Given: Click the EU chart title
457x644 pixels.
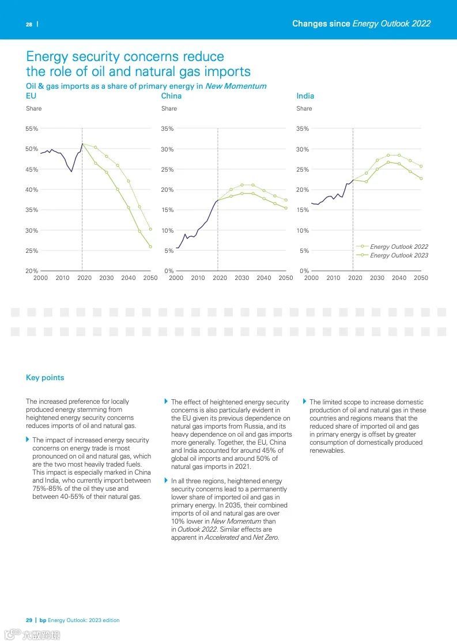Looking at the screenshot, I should [31, 96].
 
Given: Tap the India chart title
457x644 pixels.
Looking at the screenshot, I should [305, 96].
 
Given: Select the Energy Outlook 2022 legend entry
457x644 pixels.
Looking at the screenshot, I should [399, 247].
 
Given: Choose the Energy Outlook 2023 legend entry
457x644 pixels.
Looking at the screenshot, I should [399, 255].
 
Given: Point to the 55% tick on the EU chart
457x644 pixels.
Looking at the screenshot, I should [32, 128].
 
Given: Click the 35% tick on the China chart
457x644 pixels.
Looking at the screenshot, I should [167, 128].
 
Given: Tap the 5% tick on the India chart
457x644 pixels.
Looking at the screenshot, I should [304, 251].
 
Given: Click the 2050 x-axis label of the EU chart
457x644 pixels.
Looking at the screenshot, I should [150, 278].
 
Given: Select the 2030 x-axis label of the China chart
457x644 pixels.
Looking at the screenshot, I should [242, 278].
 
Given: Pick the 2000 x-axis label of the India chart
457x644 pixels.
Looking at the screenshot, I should [311, 278].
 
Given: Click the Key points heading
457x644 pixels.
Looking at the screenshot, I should [45, 378].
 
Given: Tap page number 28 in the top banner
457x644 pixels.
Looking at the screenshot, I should [29, 24].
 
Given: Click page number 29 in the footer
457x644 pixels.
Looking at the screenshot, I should [29, 620].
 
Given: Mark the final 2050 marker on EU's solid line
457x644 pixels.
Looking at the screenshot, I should [150, 247].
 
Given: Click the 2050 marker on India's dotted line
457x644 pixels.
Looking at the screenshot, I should [421, 166].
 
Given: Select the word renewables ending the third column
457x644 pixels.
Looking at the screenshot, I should [327, 450].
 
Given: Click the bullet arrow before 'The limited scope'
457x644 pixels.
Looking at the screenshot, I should [304, 401].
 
